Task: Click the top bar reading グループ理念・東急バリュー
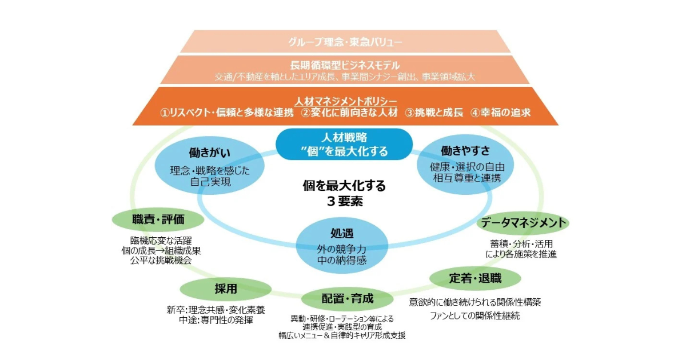click(345, 42)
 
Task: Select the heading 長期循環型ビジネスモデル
click(345, 65)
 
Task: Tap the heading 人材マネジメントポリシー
click(345, 101)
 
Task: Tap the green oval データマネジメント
click(523, 222)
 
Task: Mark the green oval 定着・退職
click(475, 278)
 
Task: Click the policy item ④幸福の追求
click(500, 113)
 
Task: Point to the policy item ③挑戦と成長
click(434, 113)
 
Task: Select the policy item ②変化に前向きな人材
click(350, 113)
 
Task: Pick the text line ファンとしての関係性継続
click(475, 316)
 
